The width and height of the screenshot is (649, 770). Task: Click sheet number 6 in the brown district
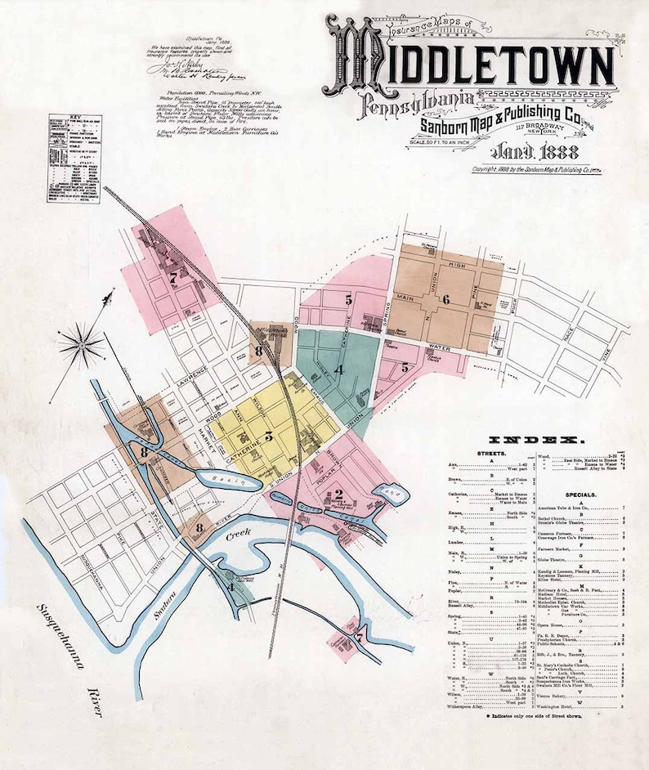point(445,299)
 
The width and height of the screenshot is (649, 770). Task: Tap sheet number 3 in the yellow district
point(267,434)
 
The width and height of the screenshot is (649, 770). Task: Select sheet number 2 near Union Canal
point(338,495)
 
